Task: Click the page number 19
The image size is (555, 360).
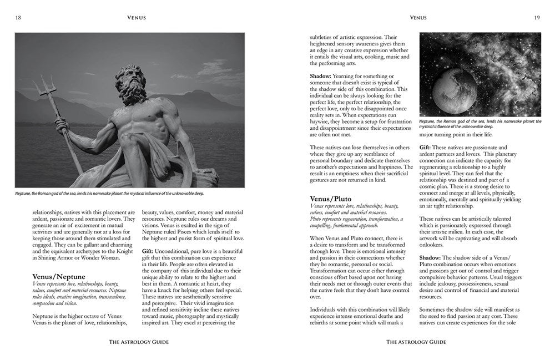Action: pos(537,18)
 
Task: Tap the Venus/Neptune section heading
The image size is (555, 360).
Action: pos(59,276)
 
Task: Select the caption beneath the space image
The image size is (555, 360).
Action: pos(480,124)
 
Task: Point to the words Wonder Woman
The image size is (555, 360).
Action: pos(110,257)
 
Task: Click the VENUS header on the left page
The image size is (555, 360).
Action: pos(136,18)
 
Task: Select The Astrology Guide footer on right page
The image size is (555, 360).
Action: pos(416,342)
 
